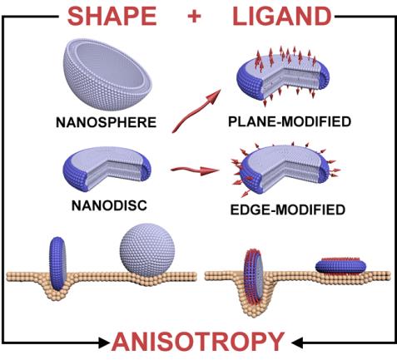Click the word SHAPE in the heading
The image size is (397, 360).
(112, 17)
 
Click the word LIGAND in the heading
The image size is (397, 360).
(282, 17)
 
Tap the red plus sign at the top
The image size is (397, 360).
(194, 17)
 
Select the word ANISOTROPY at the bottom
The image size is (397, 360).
(198, 342)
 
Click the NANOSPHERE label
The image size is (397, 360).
(106, 122)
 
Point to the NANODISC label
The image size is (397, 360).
(109, 205)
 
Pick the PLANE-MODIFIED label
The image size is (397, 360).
(290, 121)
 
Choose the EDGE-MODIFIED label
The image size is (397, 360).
(288, 210)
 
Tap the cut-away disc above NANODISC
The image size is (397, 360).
(107, 169)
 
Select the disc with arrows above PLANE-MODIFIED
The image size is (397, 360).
(283, 76)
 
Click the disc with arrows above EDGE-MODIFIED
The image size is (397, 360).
(285, 169)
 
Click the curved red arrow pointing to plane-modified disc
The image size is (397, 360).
(196, 111)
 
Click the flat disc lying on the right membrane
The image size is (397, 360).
(340, 266)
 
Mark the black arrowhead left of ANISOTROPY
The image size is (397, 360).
(104, 343)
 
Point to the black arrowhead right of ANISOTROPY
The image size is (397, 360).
(296, 343)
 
